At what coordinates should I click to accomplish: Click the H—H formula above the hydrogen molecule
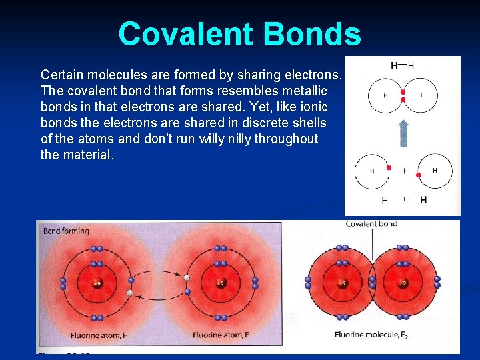(402, 65)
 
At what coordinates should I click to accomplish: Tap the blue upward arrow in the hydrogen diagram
(403, 133)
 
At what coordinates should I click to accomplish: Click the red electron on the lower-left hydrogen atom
(389, 167)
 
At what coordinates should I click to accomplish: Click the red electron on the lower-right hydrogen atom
(418, 175)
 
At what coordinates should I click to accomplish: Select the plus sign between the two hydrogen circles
(404, 171)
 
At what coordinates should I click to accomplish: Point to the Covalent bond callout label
(371, 224)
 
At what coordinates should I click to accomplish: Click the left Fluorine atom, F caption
(99, 334)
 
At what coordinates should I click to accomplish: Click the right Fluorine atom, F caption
(221, 334)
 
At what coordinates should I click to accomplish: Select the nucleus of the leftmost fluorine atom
(97, 283)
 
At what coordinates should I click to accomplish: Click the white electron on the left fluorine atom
(131, 292)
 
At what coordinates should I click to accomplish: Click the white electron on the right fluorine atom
(187, 277)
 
